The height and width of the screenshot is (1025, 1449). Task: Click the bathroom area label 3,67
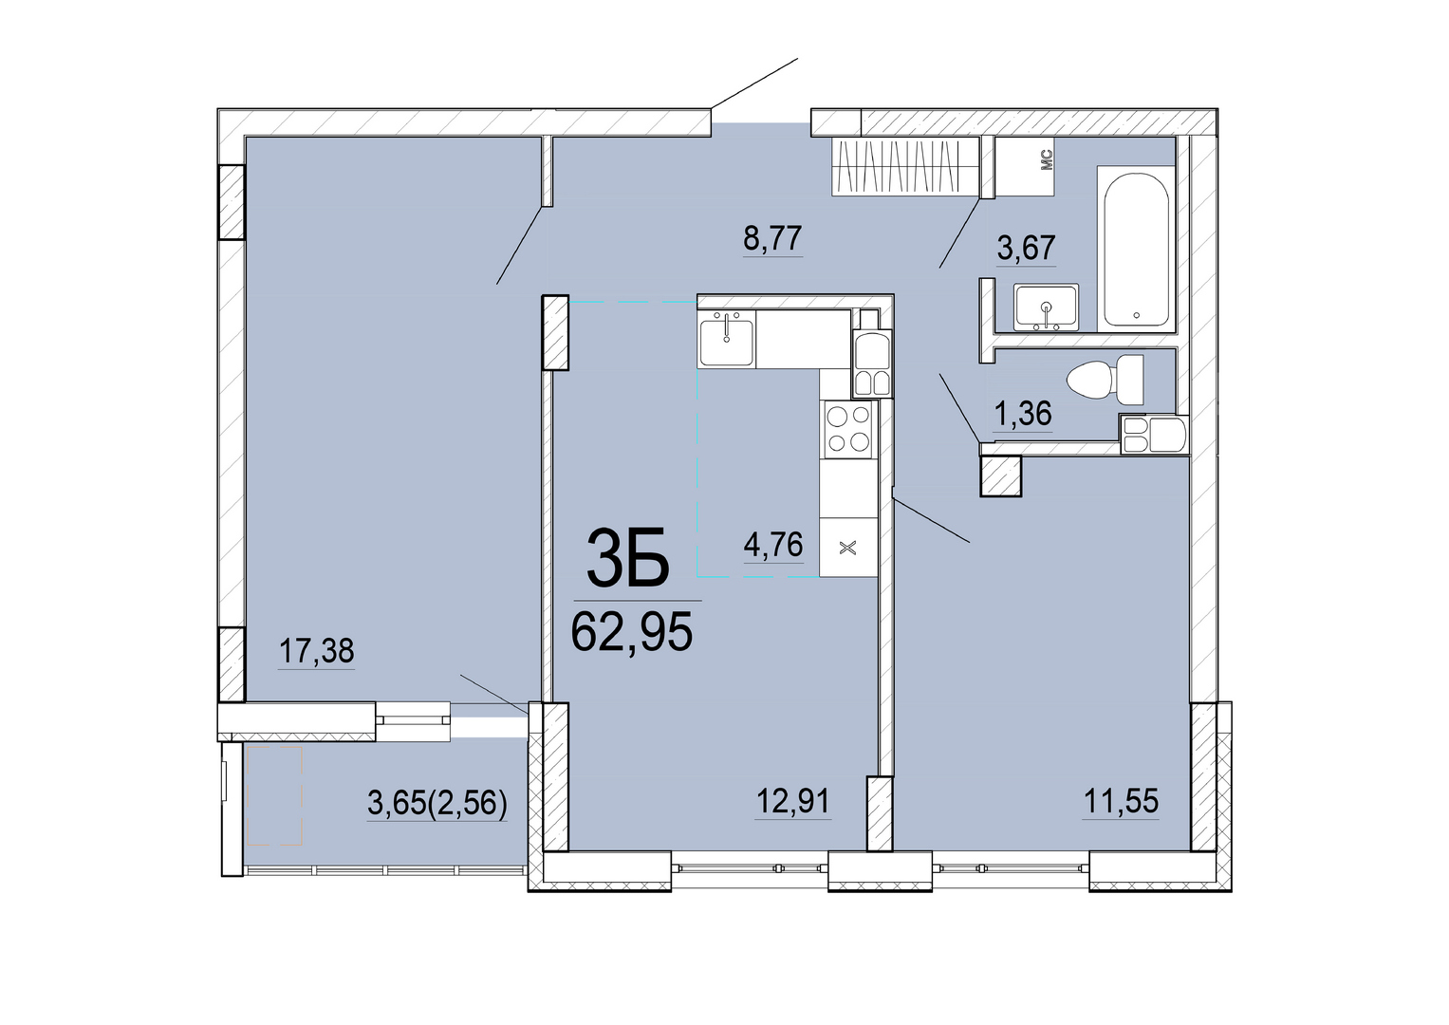1027,247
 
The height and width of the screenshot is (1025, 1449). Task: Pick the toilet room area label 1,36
1023,413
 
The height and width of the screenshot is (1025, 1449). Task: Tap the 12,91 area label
793,801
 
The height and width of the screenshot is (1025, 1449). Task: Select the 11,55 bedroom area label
1121,801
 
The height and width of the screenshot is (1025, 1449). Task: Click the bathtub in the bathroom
1136,249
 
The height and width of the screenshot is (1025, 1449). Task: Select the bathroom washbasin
1046,307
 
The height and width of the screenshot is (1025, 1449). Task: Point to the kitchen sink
726,339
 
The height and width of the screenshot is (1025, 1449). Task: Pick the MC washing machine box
1025,166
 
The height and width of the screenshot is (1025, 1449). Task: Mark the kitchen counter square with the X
848,549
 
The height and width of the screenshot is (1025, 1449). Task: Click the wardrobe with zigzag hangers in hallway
904,166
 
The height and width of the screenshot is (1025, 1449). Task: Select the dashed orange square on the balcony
275,796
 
